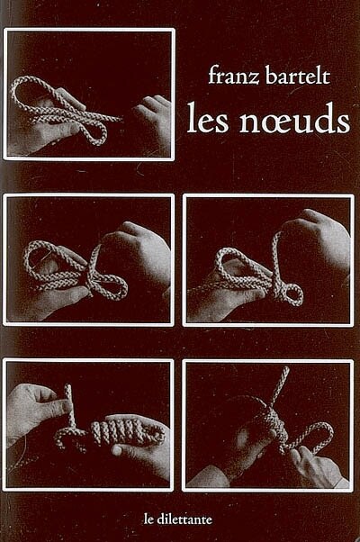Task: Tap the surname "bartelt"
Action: tap(298, 75)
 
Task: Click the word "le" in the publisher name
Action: tap(148, 519)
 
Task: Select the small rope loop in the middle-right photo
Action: tap(292, 294)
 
